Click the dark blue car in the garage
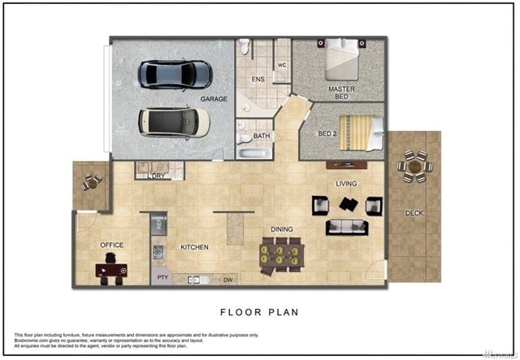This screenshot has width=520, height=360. click(175, 74)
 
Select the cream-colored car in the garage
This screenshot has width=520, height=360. click(173, 121)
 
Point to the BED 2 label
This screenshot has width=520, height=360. click(327, 132)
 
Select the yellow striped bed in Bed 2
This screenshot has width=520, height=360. click(361, 132)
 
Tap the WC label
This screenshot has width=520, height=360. click(282, 65)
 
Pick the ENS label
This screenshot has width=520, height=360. click(258, 79)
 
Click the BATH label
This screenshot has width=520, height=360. click(261, 137)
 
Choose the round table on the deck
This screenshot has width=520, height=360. click(414, 167)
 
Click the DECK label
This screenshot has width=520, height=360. click(414, 214)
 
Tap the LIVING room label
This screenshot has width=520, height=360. click(346, 184)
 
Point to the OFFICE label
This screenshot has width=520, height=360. click(111, 245)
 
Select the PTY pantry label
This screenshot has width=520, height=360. click(162, 278)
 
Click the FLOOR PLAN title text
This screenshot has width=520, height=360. click(259, 311)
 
